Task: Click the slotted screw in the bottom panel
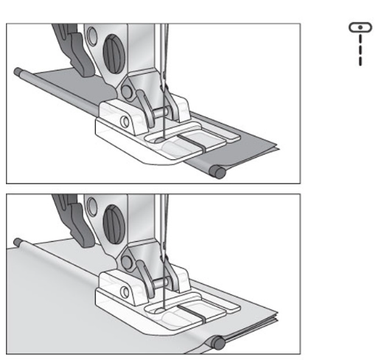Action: point(112,241)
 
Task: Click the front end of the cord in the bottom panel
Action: point(217,343)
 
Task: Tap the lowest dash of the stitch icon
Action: point(359,60)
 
